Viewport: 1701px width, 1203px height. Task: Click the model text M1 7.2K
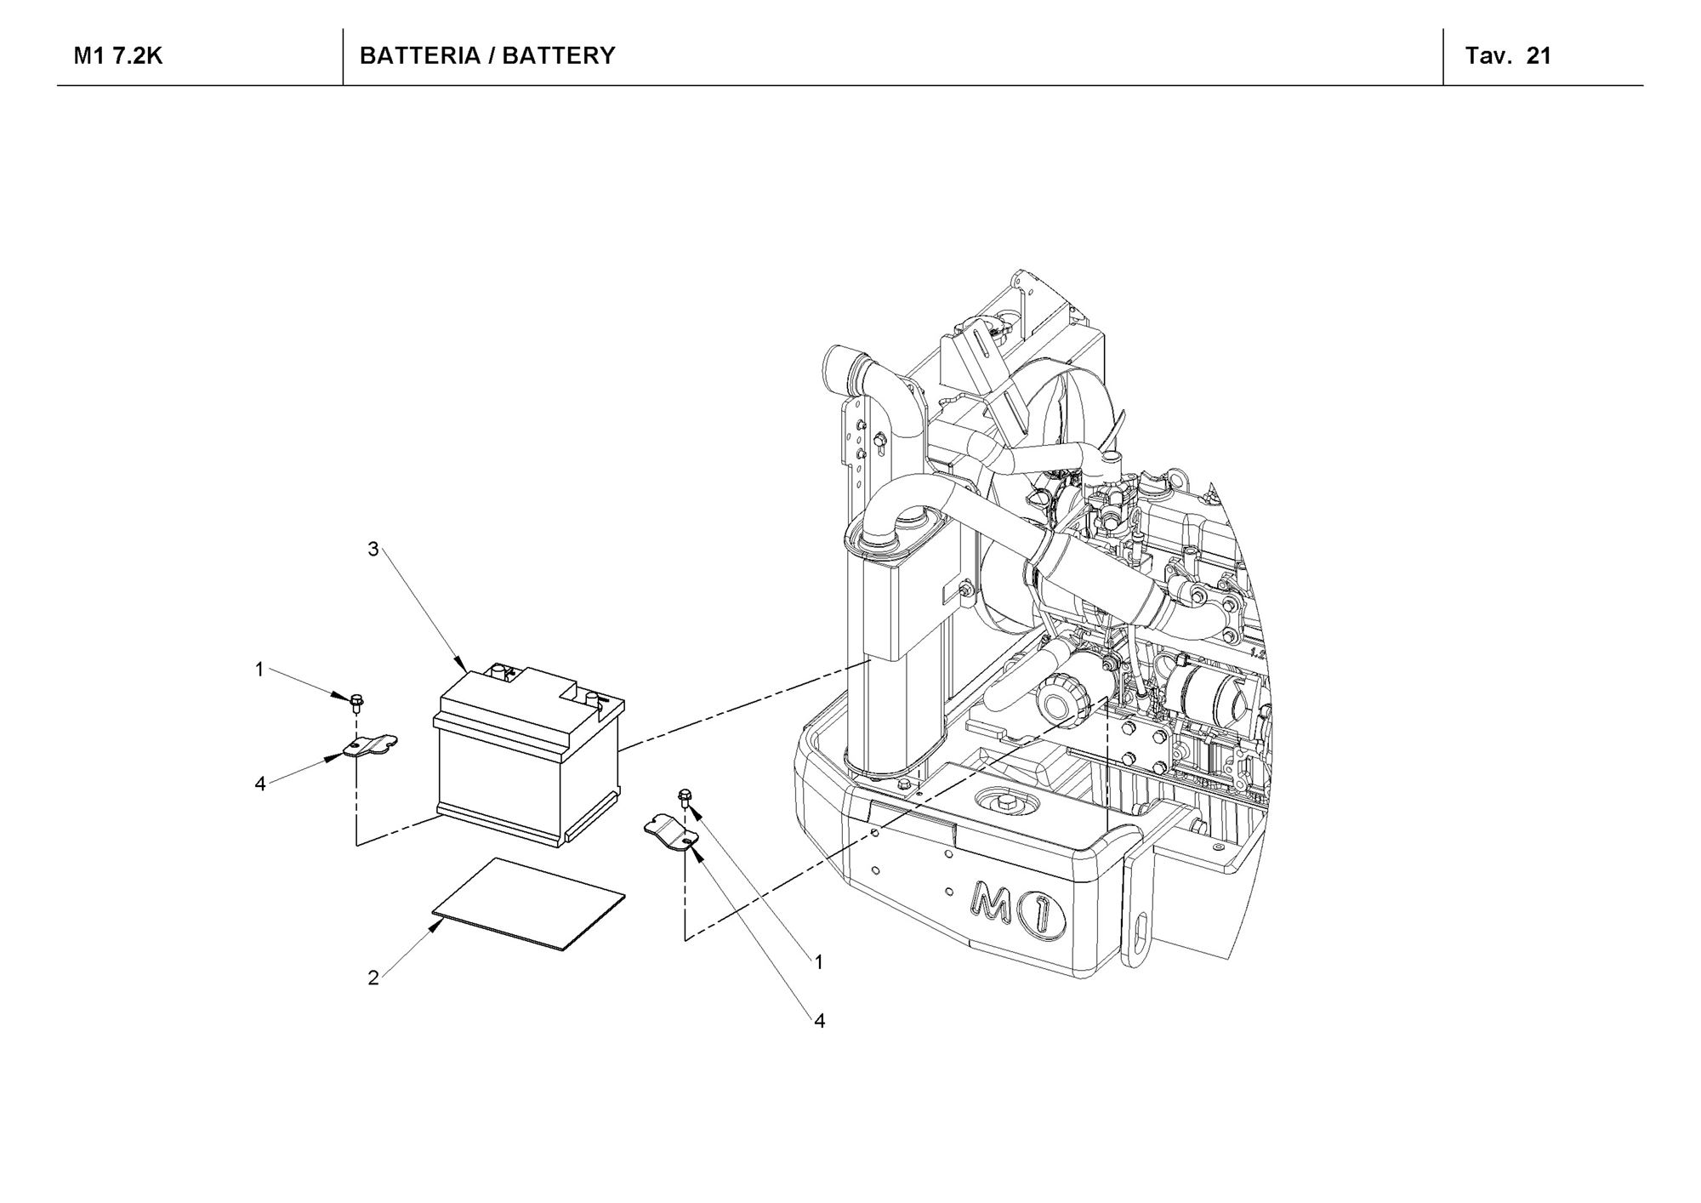click(118, 56)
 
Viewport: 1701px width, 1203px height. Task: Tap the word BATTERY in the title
click(559, 56)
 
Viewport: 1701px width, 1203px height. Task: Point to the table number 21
click(1539, 56)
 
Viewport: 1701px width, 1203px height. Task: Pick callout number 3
click(373, 550)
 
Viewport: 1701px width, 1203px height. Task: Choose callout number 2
click(373, 978)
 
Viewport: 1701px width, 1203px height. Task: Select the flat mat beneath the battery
click(528, 904)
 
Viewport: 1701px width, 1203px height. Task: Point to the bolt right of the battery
click(685, 797)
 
